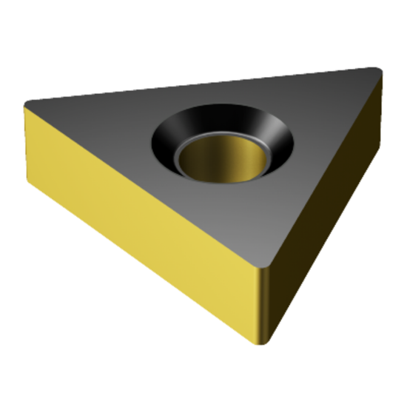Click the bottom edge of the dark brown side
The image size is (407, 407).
click(x=333, y=274)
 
